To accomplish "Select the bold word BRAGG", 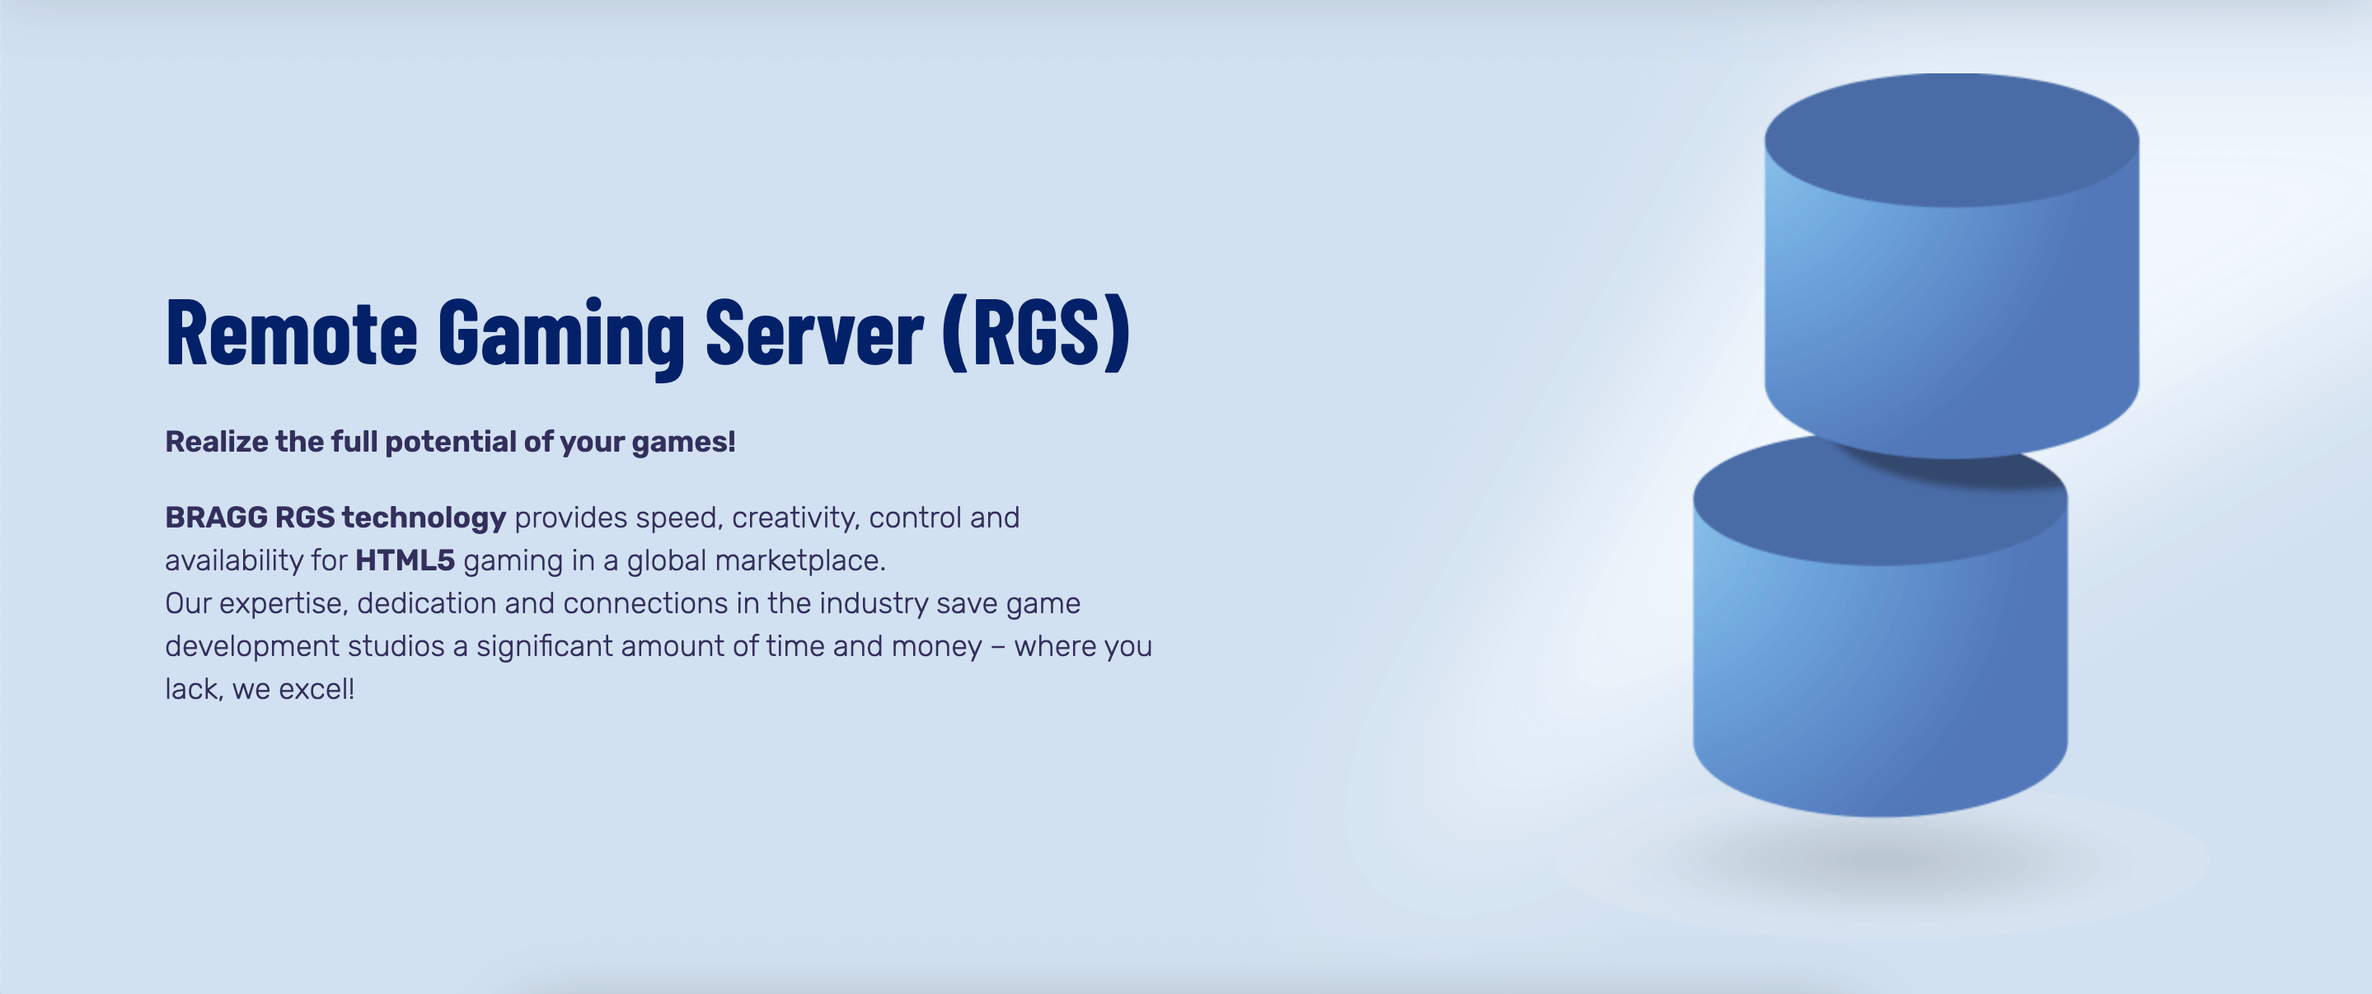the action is [217, 518].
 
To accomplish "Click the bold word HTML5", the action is [405, 561].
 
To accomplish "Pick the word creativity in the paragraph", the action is [795, 518].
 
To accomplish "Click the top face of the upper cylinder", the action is [1951, 140].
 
